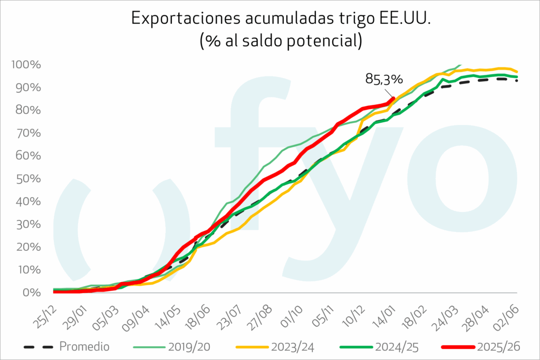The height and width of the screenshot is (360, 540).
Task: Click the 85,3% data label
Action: (384, 79)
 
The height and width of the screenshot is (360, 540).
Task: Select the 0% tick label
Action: (31, 293)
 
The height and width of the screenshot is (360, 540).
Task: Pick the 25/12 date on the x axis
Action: (47, 315)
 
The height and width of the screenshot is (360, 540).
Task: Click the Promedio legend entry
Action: (84, 346)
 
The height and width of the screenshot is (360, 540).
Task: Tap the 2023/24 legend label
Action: (293, 346)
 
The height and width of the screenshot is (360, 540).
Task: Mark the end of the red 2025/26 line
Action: (393, 98)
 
